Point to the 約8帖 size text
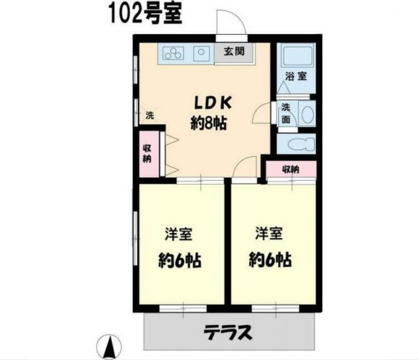[x=208, y=122]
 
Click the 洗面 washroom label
[x=286, y=114]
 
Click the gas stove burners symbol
[x=174, y=53]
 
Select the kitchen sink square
[x=202, y=52]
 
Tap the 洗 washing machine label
[x=149, y=115]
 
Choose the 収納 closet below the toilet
[x=290, y=170]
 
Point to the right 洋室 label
[x=268, y=234]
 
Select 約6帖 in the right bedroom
[x=268, y=260]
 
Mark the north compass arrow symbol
[x=111, y=345]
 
